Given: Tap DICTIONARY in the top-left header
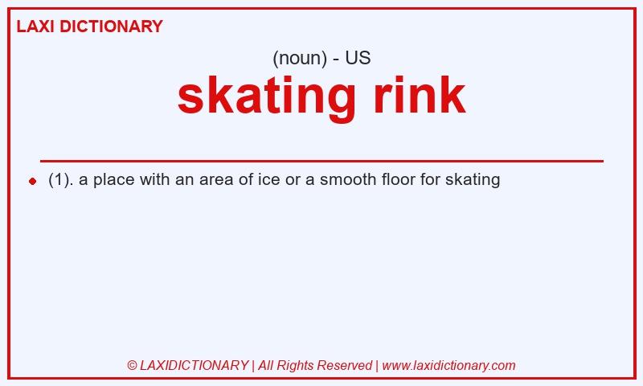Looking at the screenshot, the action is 111,27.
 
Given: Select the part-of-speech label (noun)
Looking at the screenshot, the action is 300,58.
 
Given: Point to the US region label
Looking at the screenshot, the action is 358,58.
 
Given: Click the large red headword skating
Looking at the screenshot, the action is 267,98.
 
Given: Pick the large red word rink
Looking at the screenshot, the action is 420,95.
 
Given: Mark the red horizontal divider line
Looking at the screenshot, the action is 321,161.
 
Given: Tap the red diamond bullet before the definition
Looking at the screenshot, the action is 33,181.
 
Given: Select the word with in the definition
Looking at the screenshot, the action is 154,179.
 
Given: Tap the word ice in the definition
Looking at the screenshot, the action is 269,179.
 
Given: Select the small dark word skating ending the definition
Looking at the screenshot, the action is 473,180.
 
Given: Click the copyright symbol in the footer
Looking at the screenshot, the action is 132,365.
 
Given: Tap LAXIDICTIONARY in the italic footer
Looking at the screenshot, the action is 194,365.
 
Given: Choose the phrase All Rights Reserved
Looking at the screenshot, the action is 315,365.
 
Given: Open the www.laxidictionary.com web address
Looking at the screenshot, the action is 448,365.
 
